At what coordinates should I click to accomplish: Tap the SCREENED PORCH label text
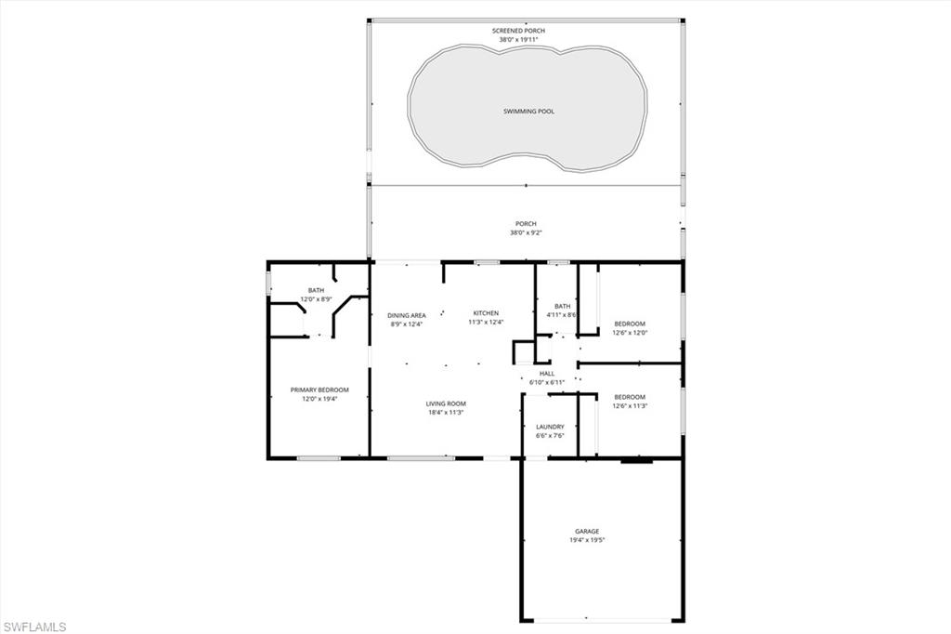click(518, 31)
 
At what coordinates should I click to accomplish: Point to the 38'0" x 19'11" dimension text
click(518, 40)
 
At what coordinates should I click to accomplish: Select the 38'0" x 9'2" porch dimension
click(526, 232)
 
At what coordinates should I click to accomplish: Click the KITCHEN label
click(486, 313)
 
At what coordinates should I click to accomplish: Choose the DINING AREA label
click(406, 316)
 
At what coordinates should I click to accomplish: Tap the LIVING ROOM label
click(446, 403)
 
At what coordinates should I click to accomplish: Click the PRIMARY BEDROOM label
click(319, 390)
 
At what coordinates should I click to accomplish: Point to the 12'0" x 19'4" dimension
click(319, 400)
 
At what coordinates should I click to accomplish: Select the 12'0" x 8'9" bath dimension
click(316, 298)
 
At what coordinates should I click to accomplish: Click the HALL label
click(547, 374)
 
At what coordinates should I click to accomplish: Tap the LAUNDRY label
click(550, 427)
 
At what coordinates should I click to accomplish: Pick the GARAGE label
click(587, 532)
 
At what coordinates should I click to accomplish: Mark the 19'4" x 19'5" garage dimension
click(587, 540)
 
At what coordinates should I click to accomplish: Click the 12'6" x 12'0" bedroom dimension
click(629, 333)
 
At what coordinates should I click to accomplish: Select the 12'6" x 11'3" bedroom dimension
click(629, 406)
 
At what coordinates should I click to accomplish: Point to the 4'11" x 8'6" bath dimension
click(562, 315)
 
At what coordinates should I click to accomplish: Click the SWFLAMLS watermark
click(34, 627)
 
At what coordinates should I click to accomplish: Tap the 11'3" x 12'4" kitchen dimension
click(486, 323)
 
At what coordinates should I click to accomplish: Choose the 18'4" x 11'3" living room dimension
click(446, 413)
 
